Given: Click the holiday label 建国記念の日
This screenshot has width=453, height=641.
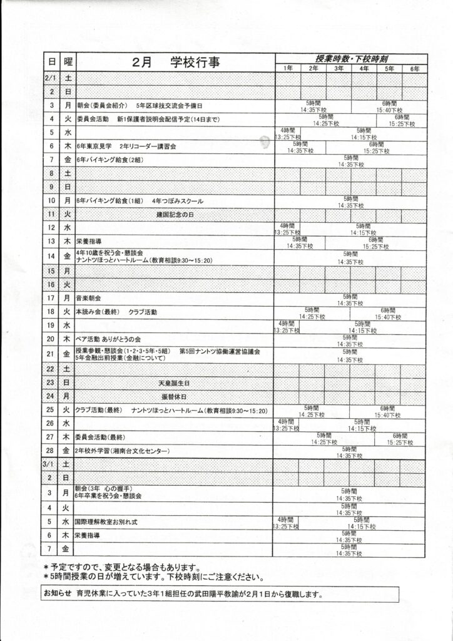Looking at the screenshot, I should pyautogui.click(x=175, y=214).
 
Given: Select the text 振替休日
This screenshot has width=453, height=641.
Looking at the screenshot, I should pyautogui.click(x=175, y=397).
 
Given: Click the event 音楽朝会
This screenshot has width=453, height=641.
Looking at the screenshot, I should pyautogui.click(x=88, y=299).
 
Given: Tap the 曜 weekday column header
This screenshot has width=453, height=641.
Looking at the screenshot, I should pyautogui.click(x=67, y=63).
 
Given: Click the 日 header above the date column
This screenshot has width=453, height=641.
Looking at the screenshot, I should pyautogui.click(x=50, y=63).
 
